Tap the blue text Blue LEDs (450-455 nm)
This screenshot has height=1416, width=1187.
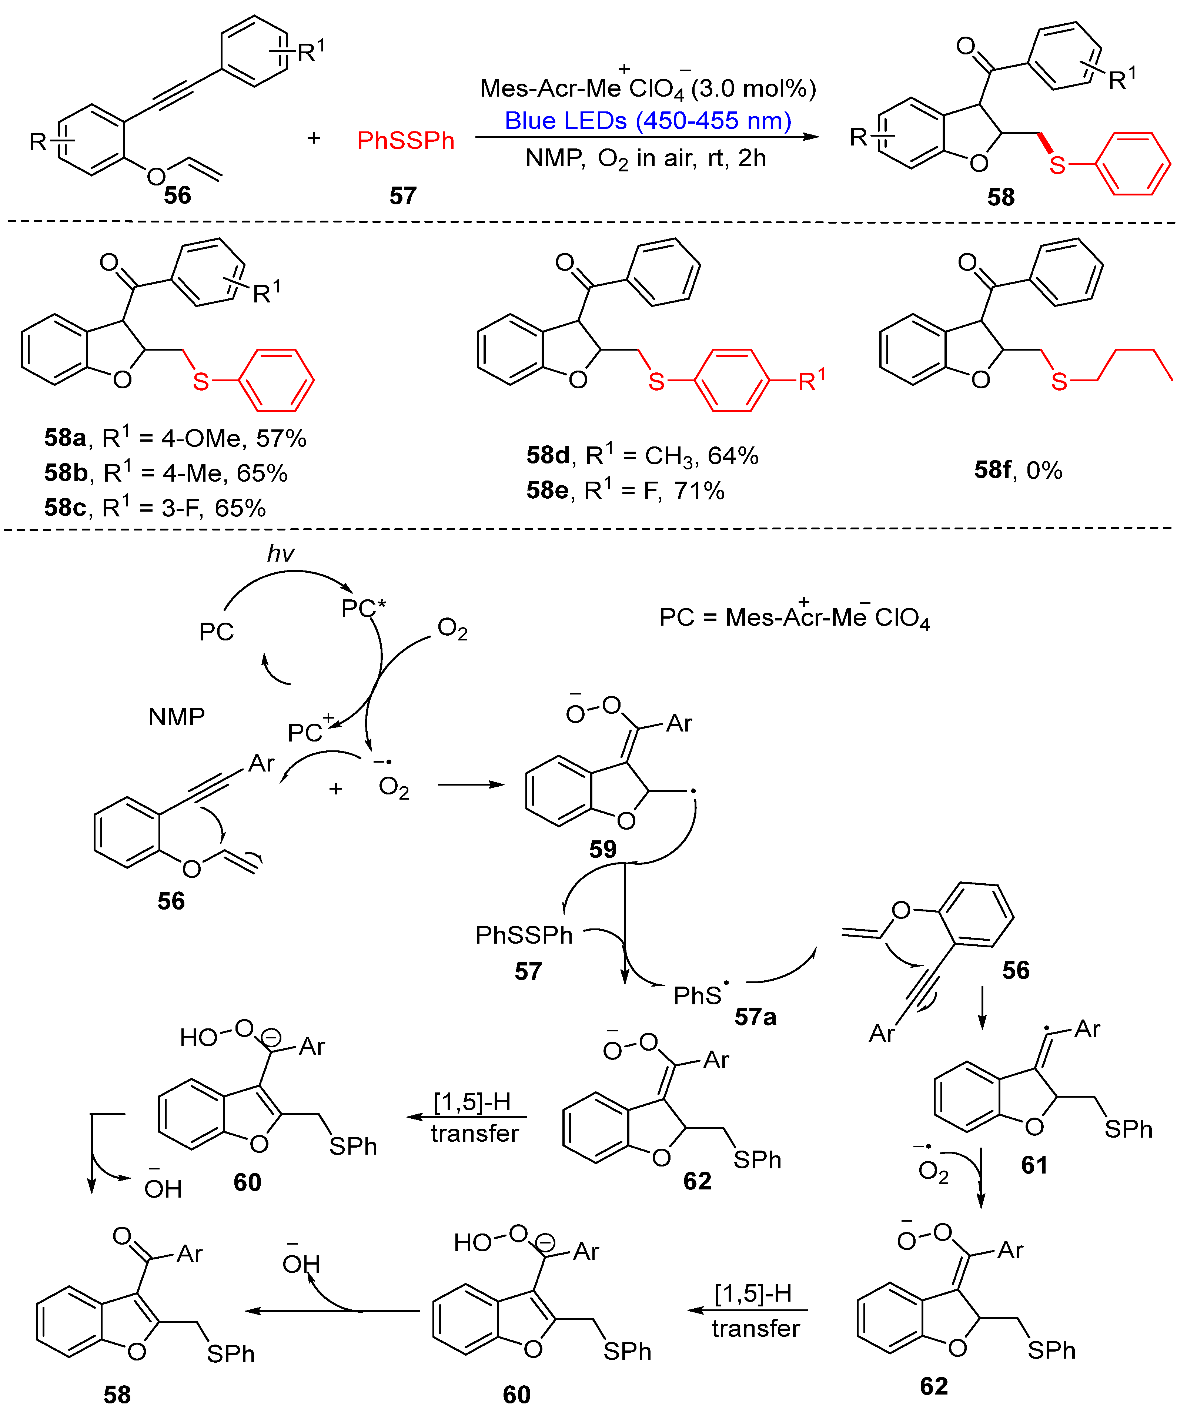[648, 121]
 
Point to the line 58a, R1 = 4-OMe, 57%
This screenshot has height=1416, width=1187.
[175, 438]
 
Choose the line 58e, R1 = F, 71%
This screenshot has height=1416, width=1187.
[625, 490]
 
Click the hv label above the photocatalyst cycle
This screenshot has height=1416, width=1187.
[281, 553]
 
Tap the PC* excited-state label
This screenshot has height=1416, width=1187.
[363, 608]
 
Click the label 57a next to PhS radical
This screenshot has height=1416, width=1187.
[755, 1016]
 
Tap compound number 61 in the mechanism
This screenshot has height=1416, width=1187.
[1034, 1165]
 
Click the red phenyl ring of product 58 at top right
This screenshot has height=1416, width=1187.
[1133, 164]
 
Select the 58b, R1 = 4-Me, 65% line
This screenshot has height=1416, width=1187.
[166, 473]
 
